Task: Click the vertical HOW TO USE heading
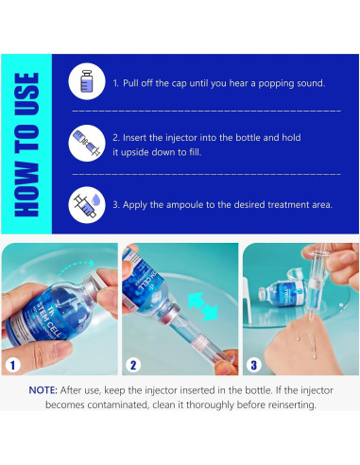[x=26, y=145]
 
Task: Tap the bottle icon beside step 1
[x=87, y=81]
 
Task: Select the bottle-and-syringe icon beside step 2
[x=87, y=143]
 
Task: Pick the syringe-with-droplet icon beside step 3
[x=87, y=205]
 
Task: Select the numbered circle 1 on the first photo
[x=12, y=365]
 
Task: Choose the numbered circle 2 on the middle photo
[x=133, y=365]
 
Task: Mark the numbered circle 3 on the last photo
[x=253, y=365]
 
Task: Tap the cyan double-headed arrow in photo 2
[x=203, y=306]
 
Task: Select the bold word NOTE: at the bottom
[x=43, y=390]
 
